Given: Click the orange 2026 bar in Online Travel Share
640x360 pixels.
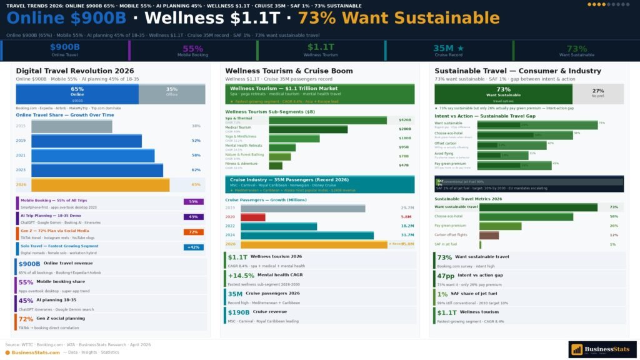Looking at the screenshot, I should click(100, 185).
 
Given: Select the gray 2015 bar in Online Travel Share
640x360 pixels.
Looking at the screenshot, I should click(71, 126).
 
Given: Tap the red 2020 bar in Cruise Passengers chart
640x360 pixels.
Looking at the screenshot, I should click(252, 217).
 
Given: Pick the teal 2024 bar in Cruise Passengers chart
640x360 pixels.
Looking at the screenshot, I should click(307, 235).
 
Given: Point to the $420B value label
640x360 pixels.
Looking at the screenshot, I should click(404, 120).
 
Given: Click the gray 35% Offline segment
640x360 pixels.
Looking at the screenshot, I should click(172, 94).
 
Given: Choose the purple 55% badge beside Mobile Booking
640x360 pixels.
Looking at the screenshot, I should click(193, 202).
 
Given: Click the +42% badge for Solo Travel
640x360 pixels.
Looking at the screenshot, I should click(193, 247).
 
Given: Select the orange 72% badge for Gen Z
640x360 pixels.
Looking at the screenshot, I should click(193, 232).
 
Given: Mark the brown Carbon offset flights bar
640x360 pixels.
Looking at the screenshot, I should click(489, 235).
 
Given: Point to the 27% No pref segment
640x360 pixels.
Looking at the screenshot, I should click(598, 94).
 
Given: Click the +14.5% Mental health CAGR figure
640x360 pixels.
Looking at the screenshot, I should click(241, 276).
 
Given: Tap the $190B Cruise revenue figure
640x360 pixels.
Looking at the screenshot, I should click(239, 312).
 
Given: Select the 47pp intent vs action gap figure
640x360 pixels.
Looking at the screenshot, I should click(446, 276).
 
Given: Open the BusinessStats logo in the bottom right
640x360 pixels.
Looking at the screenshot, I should click(602, 349).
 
